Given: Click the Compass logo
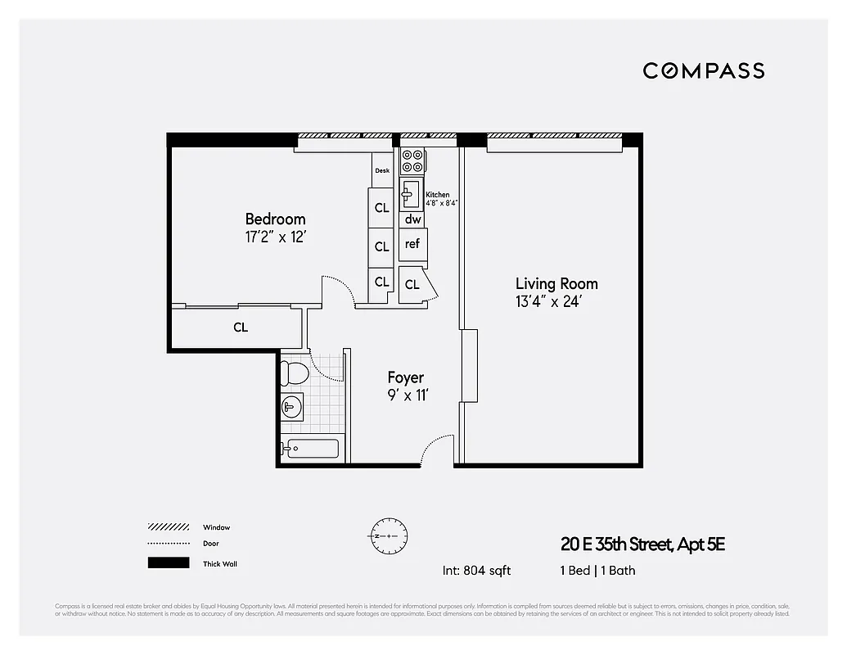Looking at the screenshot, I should pos(703,70).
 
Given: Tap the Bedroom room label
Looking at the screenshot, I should pos(275,219).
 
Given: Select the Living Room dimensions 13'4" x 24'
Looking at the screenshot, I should pos(547,302).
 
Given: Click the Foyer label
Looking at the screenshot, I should pos(405,377).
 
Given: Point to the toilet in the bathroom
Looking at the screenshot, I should pos(293,373).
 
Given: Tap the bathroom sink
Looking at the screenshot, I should pos(290,406).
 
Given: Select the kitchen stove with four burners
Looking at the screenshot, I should pos(412,160).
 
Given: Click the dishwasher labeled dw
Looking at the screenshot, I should pos(412,219).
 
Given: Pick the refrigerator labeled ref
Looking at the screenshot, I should pos(412,244).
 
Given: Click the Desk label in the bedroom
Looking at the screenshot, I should pos(381,171).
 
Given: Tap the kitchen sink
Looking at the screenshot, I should pos(410,196).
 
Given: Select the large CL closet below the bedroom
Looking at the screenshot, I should pos(240,327).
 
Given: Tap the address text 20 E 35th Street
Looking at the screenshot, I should pos(643,544).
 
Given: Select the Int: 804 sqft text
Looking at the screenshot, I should pos(476,571).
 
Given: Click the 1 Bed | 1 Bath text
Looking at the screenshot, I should pos(597,571).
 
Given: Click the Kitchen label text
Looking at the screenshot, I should pos(437,195).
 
